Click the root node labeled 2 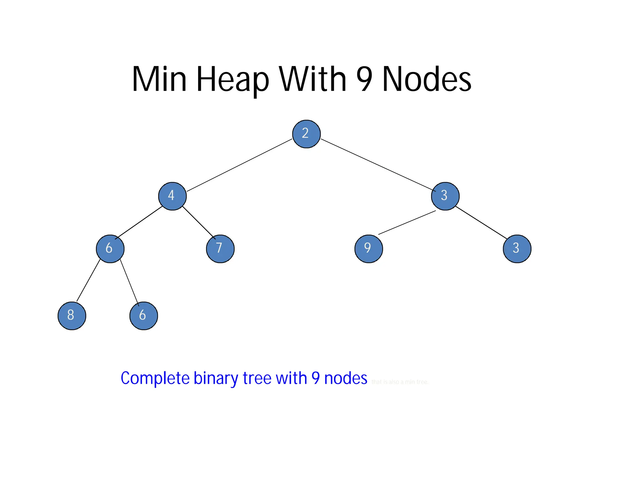pyautogui.click(x=306, y=134)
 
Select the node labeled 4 pyautogui.click(x=172, y=196)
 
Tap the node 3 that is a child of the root pyautogui.click(x=445, y=196)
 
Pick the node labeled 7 pyautogui.click(x=220, y=249)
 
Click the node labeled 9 pyautogui.click(x=368, y=249)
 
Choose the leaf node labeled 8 pyautogui.click(x=72, y=316)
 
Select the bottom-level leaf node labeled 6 pyautogui.click(x=143, y=316)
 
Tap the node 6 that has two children pyautogui.click(x=110, y=249)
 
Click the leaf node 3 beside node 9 pyautogui.click(x=517, y=249)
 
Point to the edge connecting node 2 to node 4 pyautogui.click(x=239, y=165)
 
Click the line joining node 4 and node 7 pyautogui.click(x=198, y=222)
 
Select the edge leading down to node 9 pyautogui.click(x=407, y=222)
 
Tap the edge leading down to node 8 pyautogui.click(x=88, y=280)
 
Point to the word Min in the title pyautogui.click(x=159, y=80)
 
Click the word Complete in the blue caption pyautogui.click(x=155, y=378)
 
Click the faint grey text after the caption pyautogui.click(x=400, y=382)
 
